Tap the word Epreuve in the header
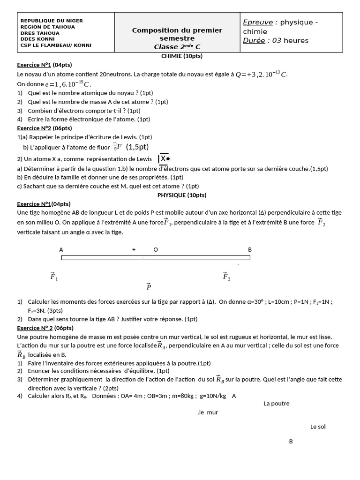(257, 22)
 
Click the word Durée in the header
(254, 40)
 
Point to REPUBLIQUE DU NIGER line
(52, 21)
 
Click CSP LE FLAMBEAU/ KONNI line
(56, 45)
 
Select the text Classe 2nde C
(177, 47)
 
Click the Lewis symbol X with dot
(164, 159)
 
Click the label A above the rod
(61, 249)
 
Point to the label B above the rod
(250, 249)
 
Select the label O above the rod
(156, 249)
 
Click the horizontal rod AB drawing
(156, 257)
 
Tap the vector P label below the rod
(149, 286)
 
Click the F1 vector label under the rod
(53, 276)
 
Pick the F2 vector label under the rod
(226, 276)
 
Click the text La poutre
(276, 403)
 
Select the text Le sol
(317, 427)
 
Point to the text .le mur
(208, 412)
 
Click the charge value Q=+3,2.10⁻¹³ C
(262, 74)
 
